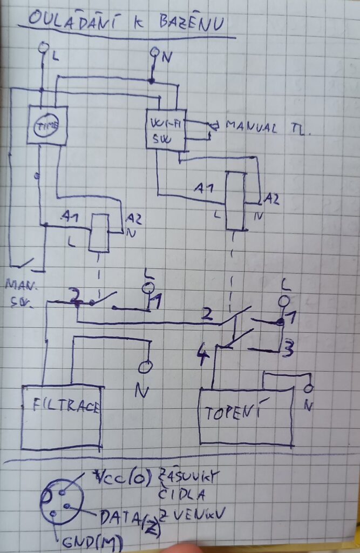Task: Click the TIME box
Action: coord(47,125)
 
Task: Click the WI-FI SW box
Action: coord(166,130)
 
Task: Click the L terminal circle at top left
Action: coord(44,48)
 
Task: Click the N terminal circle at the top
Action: coord(155,53)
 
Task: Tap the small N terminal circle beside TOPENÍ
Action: coord(309,388)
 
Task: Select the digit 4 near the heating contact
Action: coord(204,357)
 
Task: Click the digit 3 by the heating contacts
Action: coord(289,348)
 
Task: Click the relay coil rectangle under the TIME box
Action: coord(100,233)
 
